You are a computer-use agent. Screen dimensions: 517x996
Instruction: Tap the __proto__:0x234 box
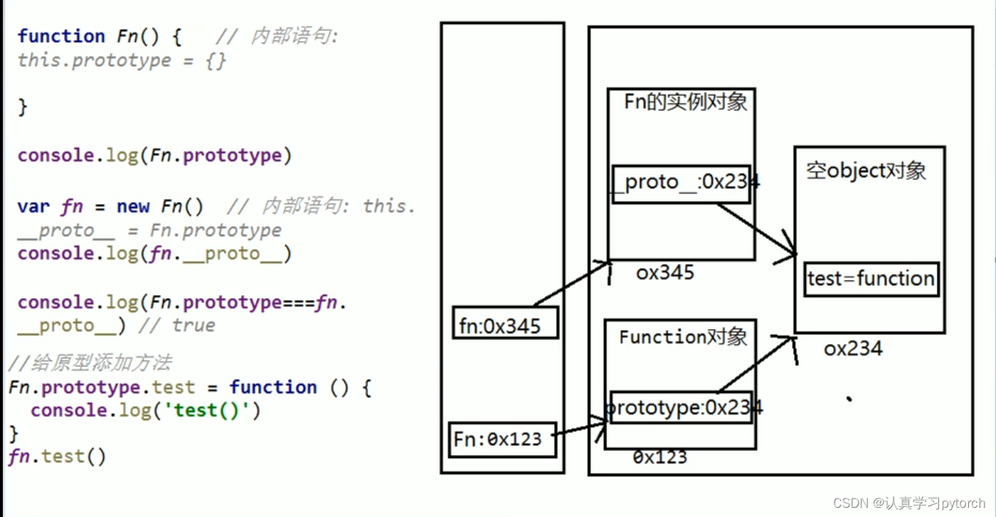pos(681,183)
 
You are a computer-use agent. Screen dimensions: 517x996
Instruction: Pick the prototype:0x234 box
pos(681,407)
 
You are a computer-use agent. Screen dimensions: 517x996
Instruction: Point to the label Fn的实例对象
pos(685,102)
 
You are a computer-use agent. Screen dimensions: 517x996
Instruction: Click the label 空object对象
pos(866,171)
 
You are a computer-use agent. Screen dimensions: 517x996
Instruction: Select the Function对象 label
pos(683,336)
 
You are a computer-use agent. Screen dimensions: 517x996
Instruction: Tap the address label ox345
pos(665,272)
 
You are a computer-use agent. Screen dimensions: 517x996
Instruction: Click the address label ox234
pos(853,348)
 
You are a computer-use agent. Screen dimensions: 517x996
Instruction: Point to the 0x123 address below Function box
pos(659,457)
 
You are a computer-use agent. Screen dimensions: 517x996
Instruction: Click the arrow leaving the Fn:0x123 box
pos(578,429)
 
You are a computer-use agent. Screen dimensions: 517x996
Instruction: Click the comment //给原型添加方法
pos(90,363)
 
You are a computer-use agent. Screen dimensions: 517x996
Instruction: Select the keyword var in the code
pos(33,207)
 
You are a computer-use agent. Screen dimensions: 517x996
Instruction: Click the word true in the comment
pos(193,326)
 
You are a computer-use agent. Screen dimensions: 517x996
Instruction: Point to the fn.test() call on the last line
pos(58,456)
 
